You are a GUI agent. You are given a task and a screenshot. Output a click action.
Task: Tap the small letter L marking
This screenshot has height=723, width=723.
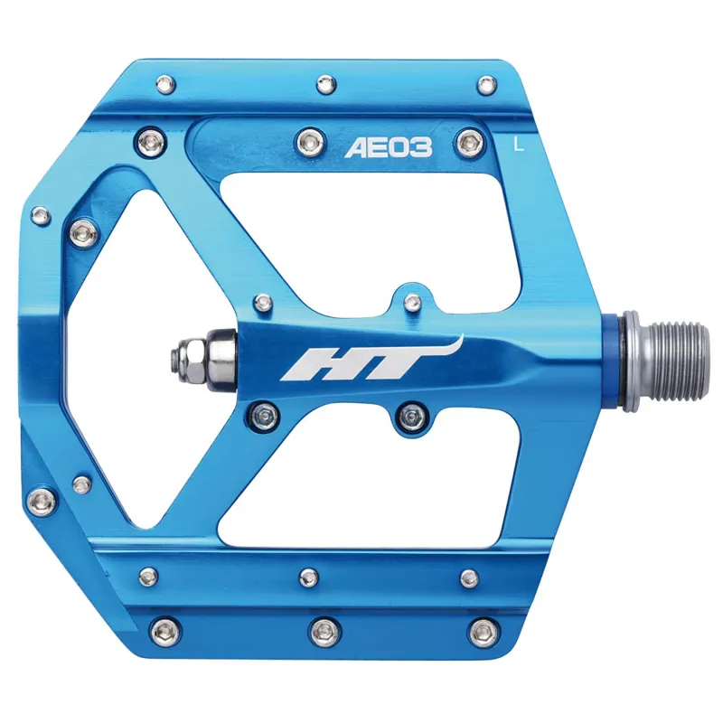tap(517, 142)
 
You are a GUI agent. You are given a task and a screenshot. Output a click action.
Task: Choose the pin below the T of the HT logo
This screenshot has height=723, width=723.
tap(412, 415)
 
